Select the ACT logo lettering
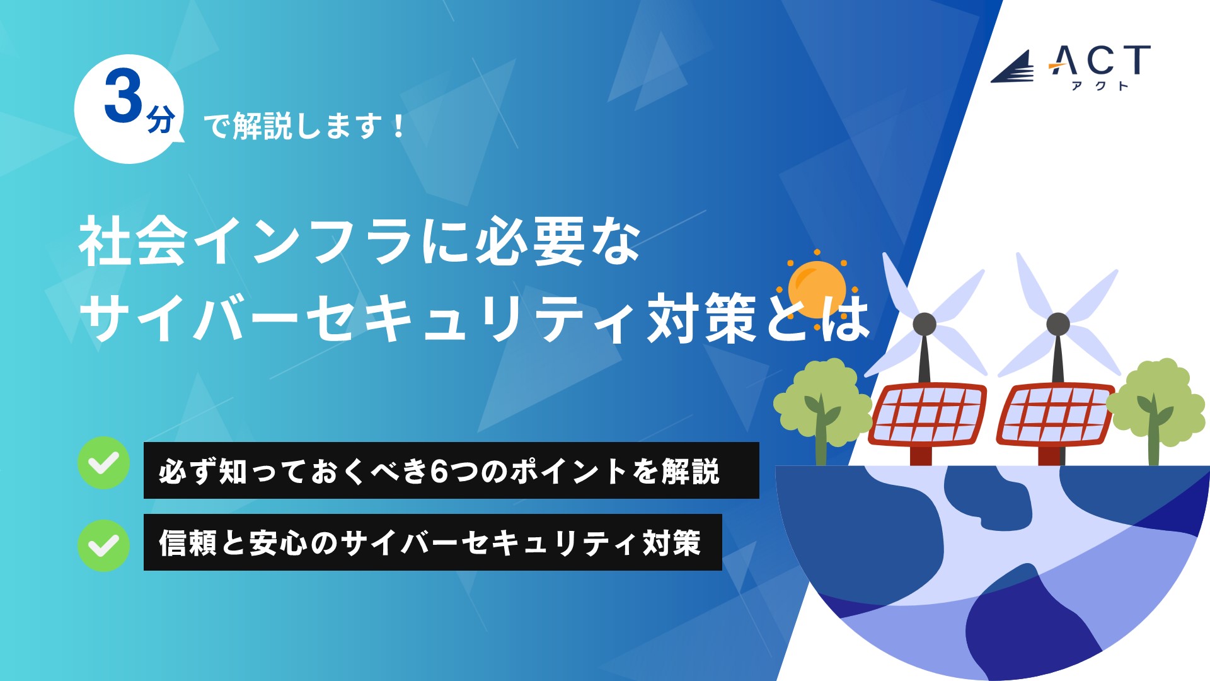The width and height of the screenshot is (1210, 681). tap(1100, 61)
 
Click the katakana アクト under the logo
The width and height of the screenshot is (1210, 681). tap(1100, 86)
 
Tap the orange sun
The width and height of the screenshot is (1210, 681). tap(817, 289)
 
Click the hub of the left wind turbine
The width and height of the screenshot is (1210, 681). tap(925, 324)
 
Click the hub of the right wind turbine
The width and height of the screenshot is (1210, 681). tap(1058, 324)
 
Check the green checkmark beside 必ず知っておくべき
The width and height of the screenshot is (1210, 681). tap(104, 463)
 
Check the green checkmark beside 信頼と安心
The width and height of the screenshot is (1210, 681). tap(104, 545)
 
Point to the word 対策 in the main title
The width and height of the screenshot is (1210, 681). tap(702, 318)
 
